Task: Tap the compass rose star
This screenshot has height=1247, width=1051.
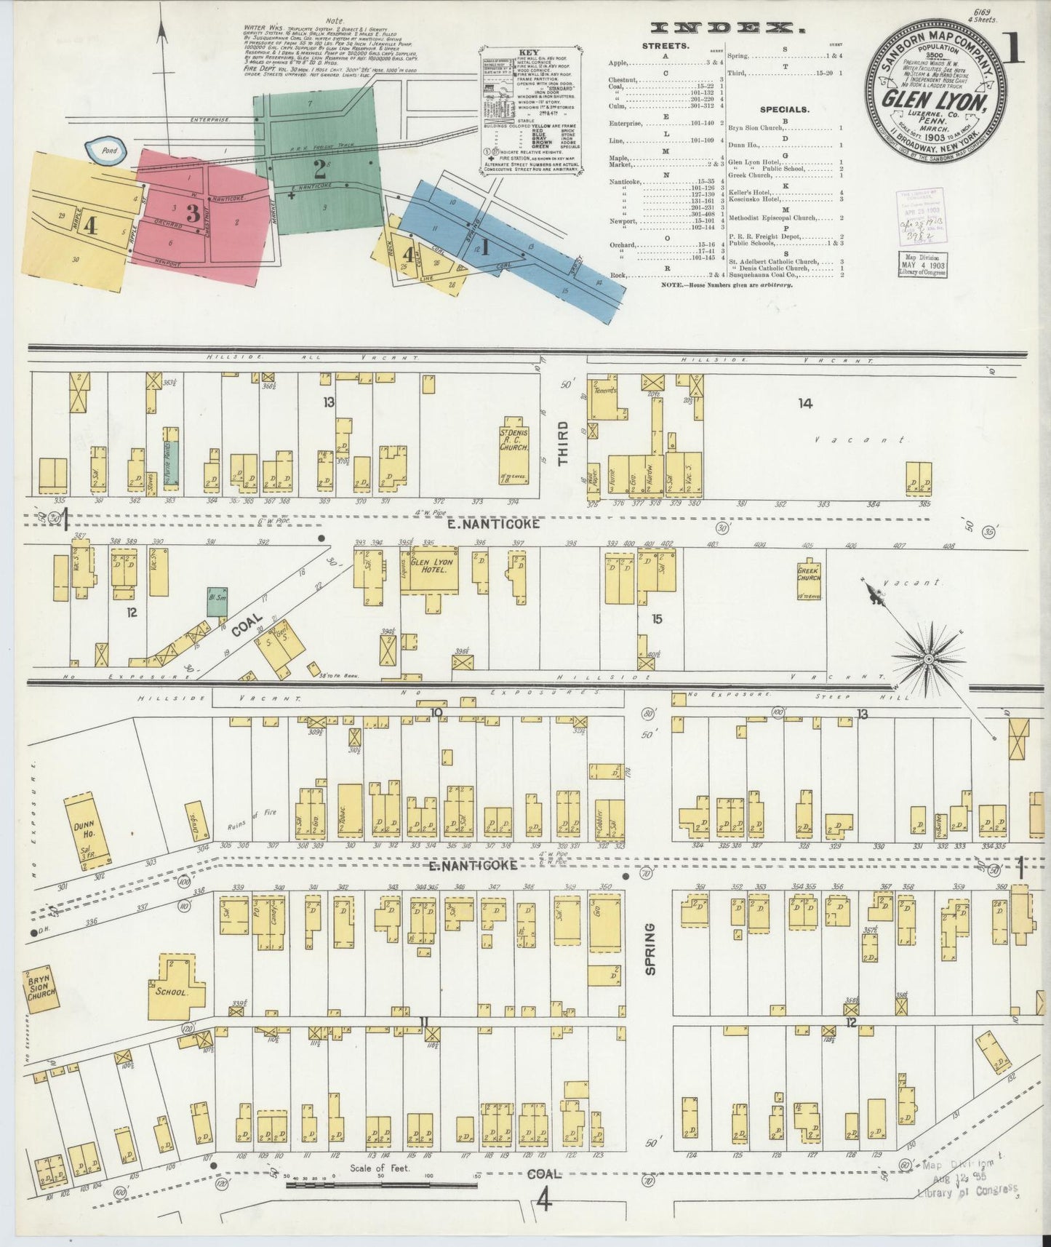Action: pyautogui.click(x=929, y=659)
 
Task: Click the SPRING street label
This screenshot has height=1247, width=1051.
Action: pyautogui.click(x=649, y=949)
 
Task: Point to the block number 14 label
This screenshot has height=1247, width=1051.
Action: pyautogui.click(x=804, y=402)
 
